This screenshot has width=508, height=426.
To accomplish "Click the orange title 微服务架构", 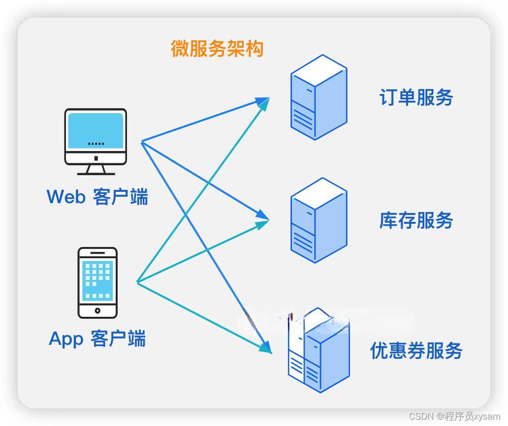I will [217, 49].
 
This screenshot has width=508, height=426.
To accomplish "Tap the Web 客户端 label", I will [97, 197].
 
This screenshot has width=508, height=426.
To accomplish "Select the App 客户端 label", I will [97, 339].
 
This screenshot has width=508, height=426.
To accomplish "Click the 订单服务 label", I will [416, 97].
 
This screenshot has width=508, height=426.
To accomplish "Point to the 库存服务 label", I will [416, 220].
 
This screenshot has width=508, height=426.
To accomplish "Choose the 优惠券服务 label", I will [416, 351].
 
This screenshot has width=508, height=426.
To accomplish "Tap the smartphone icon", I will [97, 282].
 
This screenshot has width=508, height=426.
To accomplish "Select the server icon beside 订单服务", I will [318, 97].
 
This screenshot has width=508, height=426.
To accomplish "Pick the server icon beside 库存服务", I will [318, 220].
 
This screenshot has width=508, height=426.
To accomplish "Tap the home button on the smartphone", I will [97, 310].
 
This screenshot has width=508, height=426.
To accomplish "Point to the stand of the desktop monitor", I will [96, 169].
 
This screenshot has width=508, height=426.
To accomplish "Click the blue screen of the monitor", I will [95, 130].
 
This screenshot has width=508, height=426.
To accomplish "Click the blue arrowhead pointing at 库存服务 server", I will [263, 216].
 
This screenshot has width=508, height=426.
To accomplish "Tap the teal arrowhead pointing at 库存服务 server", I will [263, 224].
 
